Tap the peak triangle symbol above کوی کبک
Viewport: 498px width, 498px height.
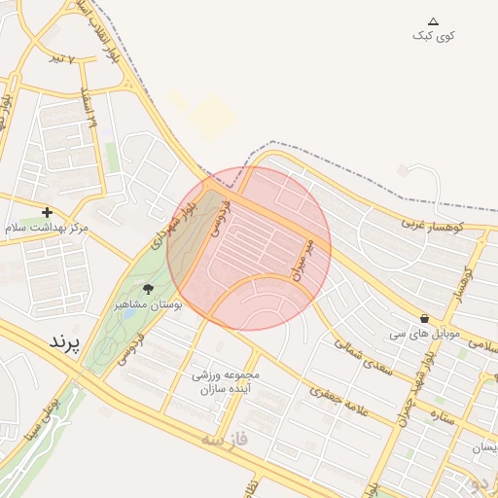tap(434, 20)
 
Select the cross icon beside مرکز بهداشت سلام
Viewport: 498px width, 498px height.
tap(47, 212)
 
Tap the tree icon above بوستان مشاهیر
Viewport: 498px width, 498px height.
tap(149, 289)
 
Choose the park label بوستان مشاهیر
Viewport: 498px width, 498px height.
tap(149, 304)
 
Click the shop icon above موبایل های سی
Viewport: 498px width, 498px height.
tap(424, 318)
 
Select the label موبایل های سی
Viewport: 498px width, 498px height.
tap(424, 334)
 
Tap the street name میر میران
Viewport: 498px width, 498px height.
tap(302, 258)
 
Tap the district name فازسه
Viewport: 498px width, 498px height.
tap(225, 440)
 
